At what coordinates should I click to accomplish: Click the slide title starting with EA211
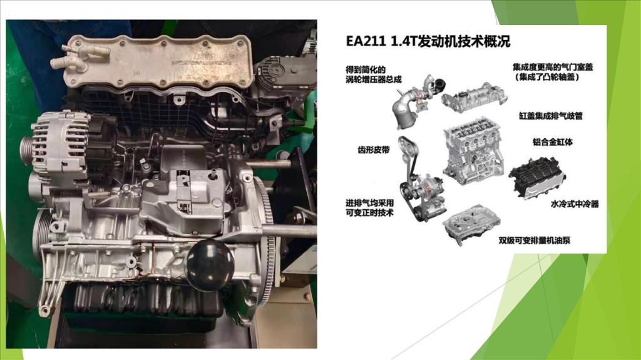pos(428,42)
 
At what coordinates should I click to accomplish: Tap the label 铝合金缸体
pos(552,142)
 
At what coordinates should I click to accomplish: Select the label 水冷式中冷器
pos(575,203)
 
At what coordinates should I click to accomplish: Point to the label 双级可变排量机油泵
pos(534,240)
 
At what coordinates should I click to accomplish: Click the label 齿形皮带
pos(374,150)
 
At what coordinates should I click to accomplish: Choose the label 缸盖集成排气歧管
pos(551,116)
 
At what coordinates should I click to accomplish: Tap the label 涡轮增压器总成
pos(374,80)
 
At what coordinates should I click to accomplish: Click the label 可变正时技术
pos(369,213)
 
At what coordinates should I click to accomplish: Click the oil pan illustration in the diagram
pos(471,224)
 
